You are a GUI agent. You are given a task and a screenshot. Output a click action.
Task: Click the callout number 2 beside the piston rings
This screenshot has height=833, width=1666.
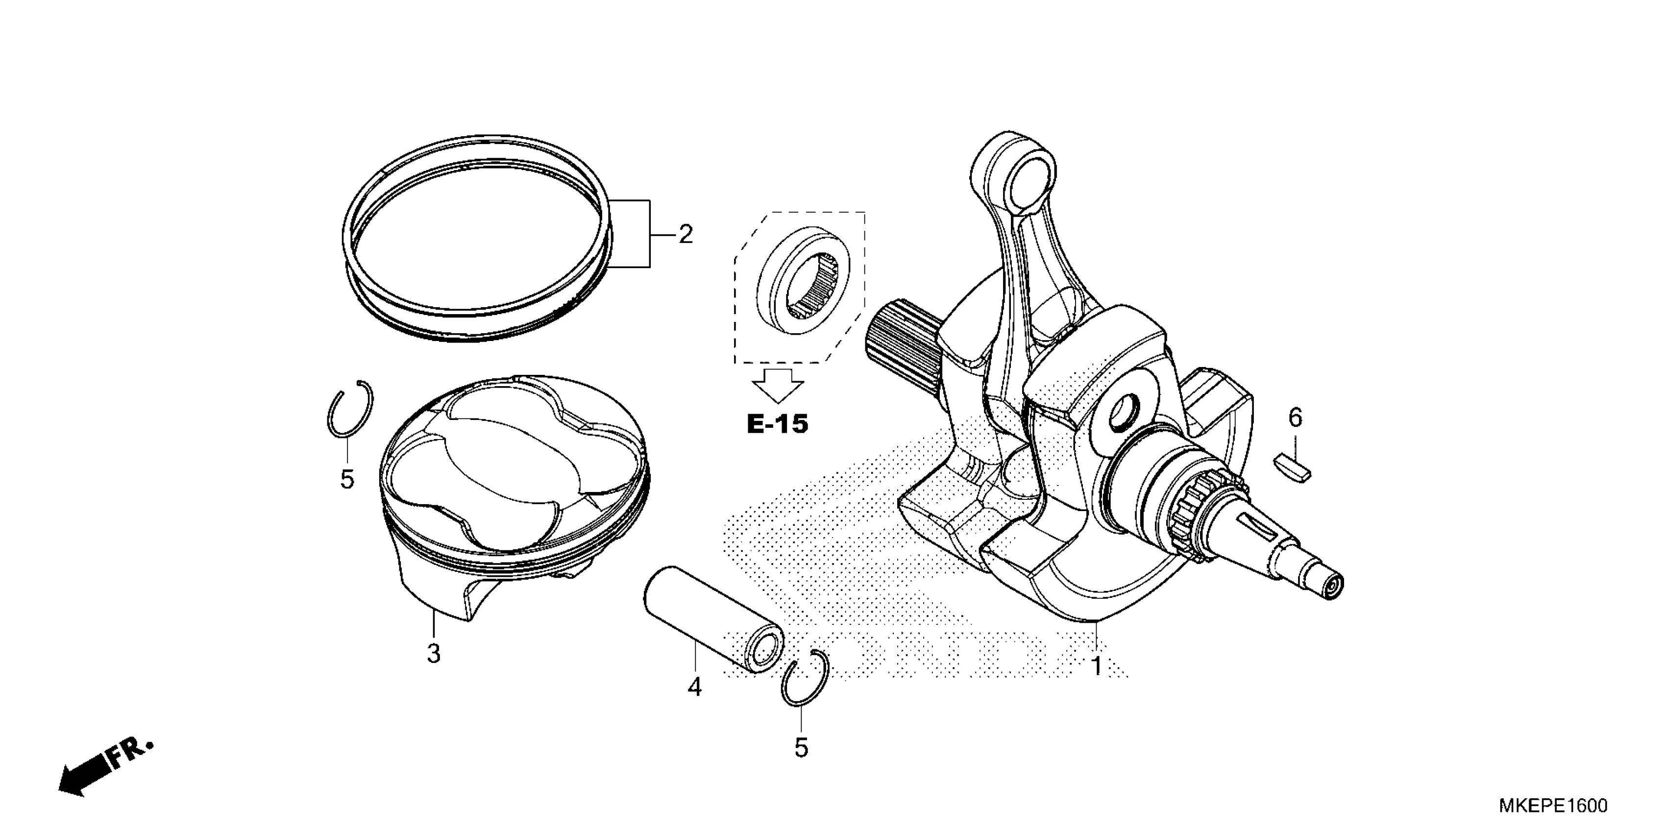coord(685,234)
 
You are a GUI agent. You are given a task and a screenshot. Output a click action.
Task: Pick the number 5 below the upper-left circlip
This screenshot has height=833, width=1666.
coord(347,479)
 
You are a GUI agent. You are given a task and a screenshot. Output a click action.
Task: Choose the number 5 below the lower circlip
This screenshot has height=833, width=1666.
coord(801,748)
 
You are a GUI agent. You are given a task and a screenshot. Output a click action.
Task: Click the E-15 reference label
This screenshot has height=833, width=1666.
coord(777,424)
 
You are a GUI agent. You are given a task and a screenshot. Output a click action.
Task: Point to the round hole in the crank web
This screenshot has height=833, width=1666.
coord(1126,414)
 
